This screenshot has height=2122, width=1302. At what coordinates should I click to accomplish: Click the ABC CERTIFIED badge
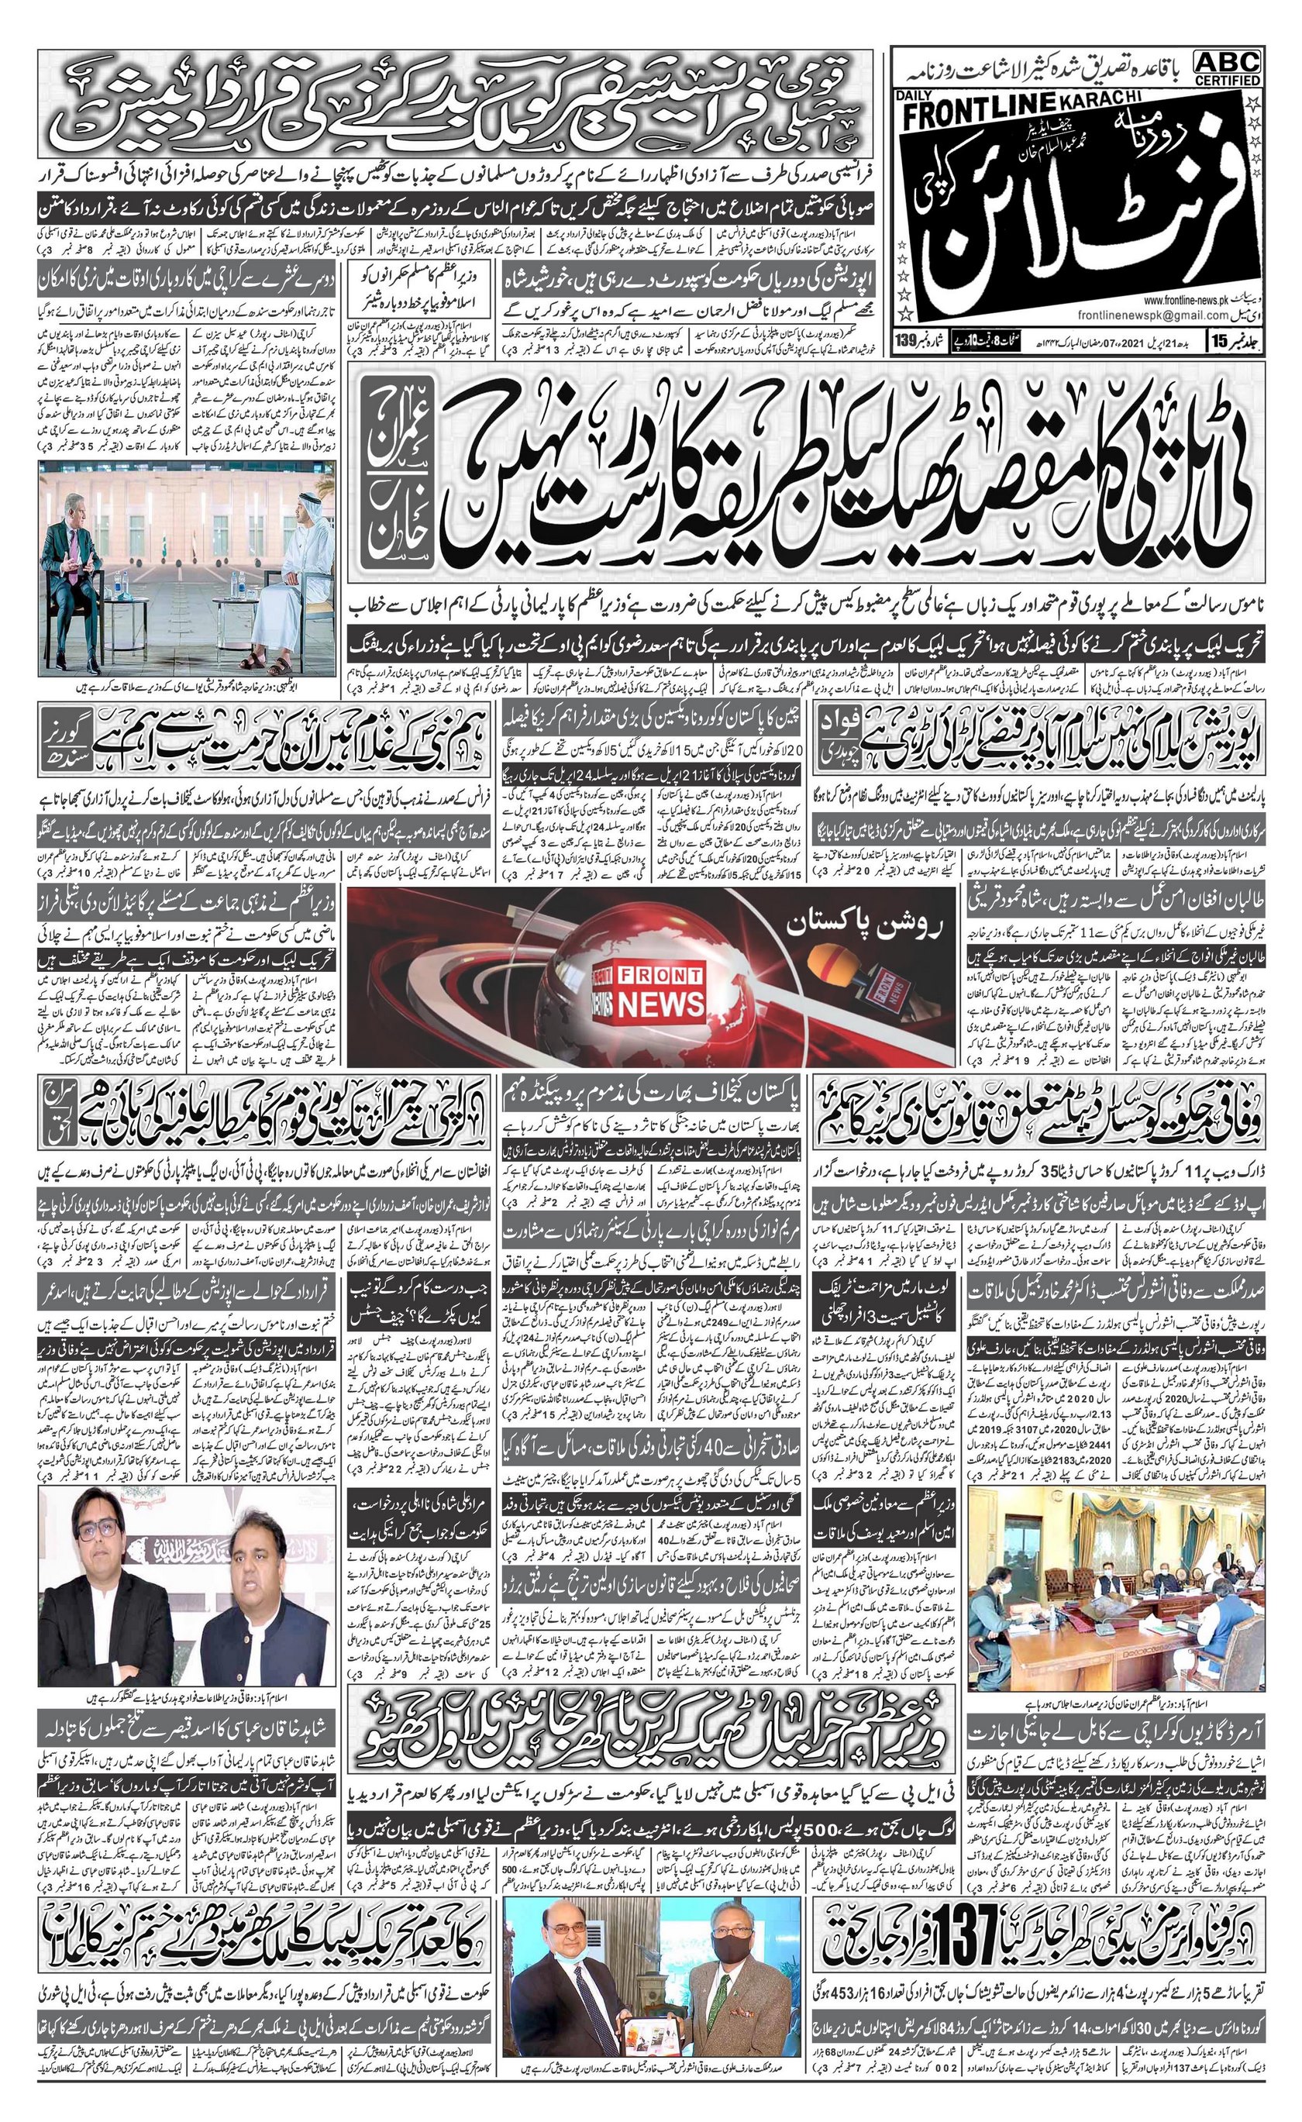pyautogui.click(x=1227, y=67)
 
